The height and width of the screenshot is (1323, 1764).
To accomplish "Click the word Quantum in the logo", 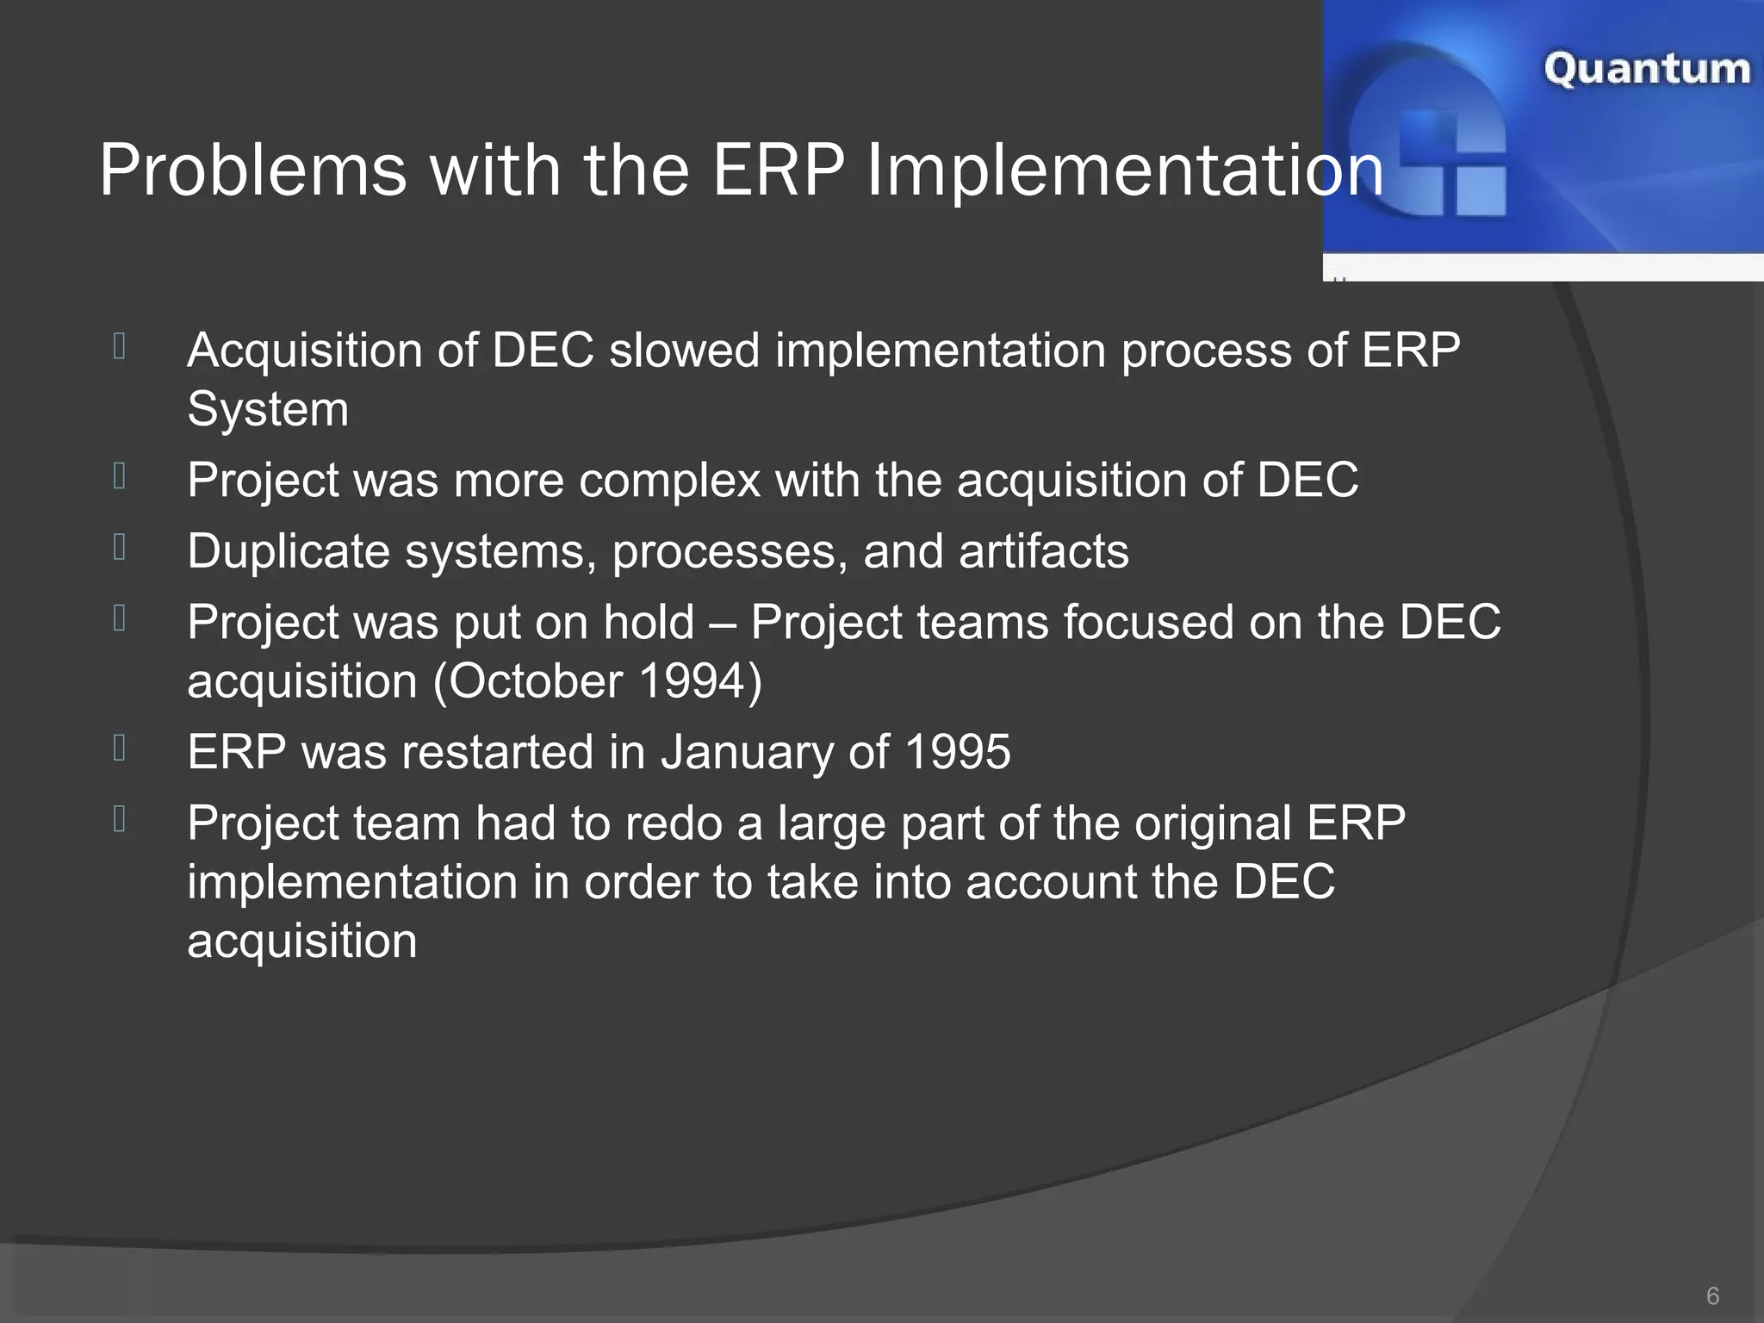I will tap(1646, 69).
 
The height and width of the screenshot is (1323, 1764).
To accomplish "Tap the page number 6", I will tap(1712, 1295).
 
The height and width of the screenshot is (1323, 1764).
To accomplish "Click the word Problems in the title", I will tap(252, 171).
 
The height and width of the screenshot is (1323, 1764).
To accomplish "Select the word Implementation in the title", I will tap(1125, 171).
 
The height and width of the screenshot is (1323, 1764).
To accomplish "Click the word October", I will tap(536, 681).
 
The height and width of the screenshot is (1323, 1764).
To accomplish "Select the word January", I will tap(746, 752).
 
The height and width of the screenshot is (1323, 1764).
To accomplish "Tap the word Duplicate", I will tap(289, 551).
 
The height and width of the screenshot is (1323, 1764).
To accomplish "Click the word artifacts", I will tap(1043, 551).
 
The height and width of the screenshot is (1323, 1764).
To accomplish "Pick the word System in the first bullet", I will tap(268, 408).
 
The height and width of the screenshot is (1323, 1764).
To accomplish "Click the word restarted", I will tap(498, 752).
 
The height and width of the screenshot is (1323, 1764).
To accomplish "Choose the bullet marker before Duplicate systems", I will tap(120, 547).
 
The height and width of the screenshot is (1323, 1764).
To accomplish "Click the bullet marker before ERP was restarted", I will tap(120, 748).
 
